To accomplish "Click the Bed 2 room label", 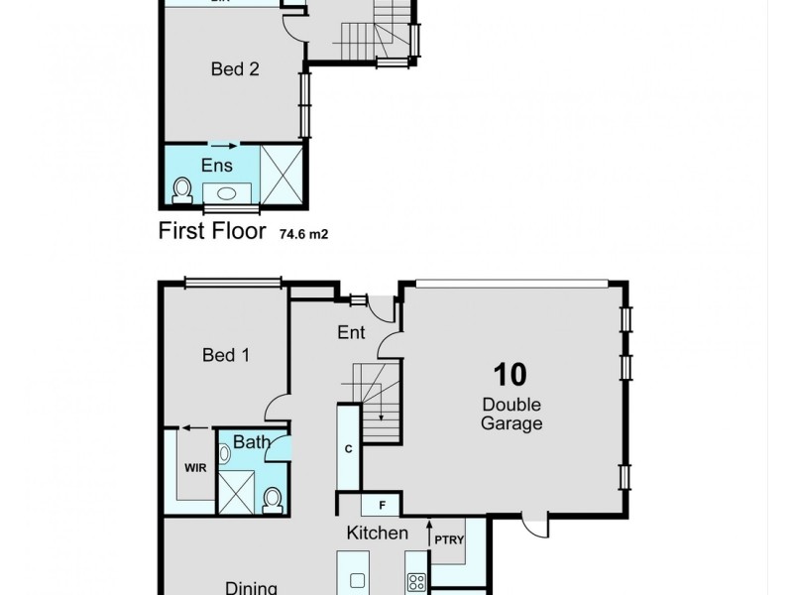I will (235, 69).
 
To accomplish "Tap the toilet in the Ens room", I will (181, 188).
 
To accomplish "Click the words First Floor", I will (212, 232).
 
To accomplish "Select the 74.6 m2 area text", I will (302, 234).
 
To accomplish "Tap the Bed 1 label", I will (225, 355).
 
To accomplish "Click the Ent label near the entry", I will (351, 333).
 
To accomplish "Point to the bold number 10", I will (511, 374).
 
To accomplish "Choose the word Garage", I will (512, 423).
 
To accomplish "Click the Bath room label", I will (252, 442).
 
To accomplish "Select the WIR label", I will (194, 468).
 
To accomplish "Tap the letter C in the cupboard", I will (348, 448).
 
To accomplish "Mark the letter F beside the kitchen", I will (381, 506).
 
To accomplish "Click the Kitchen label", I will (377, 534).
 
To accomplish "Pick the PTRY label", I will (449, 540).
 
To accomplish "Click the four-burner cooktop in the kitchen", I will (416, 583).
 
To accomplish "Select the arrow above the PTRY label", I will (429, 524).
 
